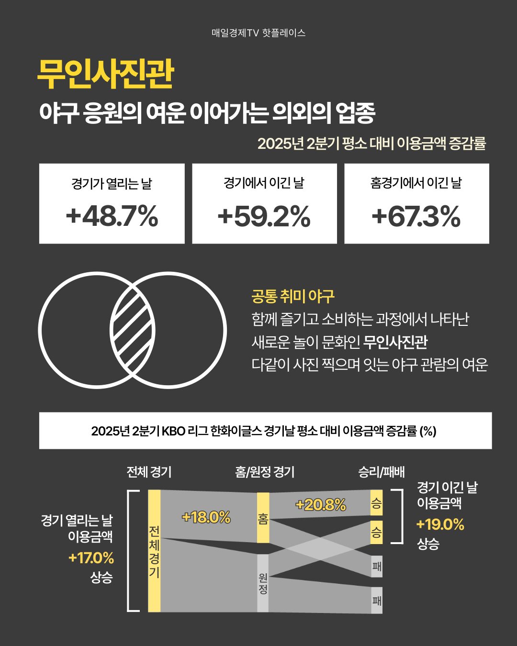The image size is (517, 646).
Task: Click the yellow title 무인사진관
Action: [x=105, y=75]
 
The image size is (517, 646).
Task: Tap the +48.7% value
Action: [x=112, y=216]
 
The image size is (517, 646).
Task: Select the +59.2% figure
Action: [x=264, y=216]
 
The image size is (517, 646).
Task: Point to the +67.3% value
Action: [x=416, y=216]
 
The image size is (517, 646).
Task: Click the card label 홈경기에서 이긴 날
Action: [x=416, y=183]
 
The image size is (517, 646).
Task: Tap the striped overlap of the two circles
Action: [x=133, y=330]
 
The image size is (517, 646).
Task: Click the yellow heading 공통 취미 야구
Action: [x=292, y=296]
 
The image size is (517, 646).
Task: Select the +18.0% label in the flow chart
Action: [x=206, y=517]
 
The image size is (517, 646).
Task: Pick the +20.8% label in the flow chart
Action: [x=320, y=505]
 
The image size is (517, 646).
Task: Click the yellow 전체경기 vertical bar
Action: [x=154, y=551]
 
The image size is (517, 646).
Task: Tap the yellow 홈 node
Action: [x=263, y=518]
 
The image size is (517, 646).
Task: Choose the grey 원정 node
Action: [x=263, y=583]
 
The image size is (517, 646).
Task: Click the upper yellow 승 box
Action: [x=376, y=502]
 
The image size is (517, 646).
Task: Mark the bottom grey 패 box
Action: [x=377, y=600]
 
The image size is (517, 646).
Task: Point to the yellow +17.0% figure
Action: [x=91, y=558]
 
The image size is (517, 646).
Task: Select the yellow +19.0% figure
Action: [x=440, y=524]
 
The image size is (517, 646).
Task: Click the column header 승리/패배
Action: [x=381, y=472]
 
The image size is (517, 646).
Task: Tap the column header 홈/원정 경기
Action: [x=265, y=472]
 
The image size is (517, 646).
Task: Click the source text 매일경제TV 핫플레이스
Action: [x=258, y=33]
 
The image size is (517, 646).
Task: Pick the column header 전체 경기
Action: [x=149, y=472]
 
